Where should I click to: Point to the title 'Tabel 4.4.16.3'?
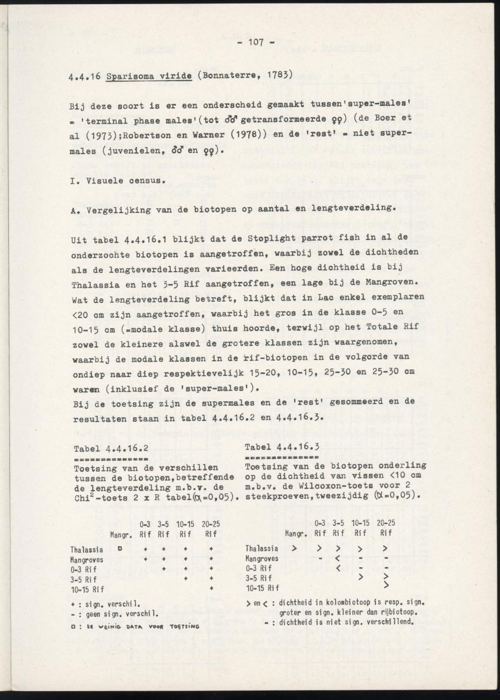click(281, 447)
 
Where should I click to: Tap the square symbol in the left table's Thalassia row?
click(119, 548)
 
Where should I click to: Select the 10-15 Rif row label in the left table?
click(87, 588)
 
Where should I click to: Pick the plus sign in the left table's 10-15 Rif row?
click(211, 588)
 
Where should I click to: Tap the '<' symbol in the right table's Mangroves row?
click(338, 558)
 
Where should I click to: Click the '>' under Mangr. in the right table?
click(294, 548)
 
